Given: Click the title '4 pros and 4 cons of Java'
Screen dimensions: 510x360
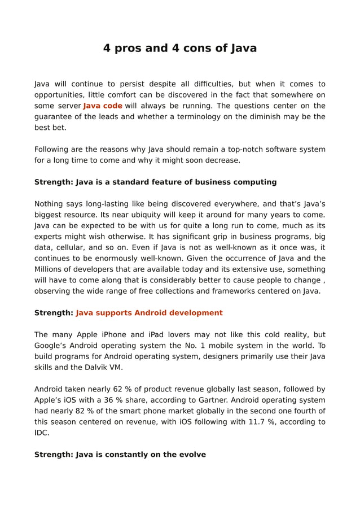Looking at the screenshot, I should coord(179,48).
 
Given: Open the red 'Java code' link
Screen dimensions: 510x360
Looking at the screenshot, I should coord(103,106).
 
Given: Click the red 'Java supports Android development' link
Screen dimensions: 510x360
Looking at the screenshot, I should coord(149,312).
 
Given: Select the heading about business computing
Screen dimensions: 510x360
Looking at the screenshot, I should coord(155,182).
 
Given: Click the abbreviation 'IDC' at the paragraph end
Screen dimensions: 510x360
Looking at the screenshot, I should coord(41,433).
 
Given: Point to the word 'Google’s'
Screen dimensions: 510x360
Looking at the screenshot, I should coord(52,345).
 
